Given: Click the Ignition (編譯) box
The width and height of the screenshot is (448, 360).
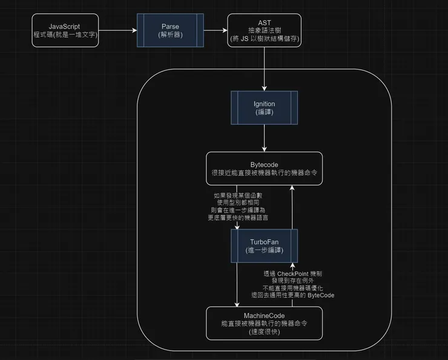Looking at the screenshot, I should pos(264,108).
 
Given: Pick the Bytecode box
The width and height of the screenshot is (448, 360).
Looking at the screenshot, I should pos(264,168).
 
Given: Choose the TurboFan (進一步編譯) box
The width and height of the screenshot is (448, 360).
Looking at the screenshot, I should pos(264,246).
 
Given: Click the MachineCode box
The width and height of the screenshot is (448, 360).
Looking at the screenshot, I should pos(264,324).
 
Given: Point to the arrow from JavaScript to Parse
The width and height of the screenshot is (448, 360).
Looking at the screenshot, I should pos(117,29).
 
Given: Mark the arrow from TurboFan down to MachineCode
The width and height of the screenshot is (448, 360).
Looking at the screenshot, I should pos(237,284).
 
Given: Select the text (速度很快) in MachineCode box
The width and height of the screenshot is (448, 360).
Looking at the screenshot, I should pos(265,332).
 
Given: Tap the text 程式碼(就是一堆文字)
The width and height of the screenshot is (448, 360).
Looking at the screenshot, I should pos(65,34).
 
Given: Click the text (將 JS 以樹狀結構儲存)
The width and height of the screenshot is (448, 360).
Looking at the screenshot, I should pos(264,38).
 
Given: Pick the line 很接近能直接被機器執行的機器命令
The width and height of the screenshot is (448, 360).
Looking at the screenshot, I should pos(264,172).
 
